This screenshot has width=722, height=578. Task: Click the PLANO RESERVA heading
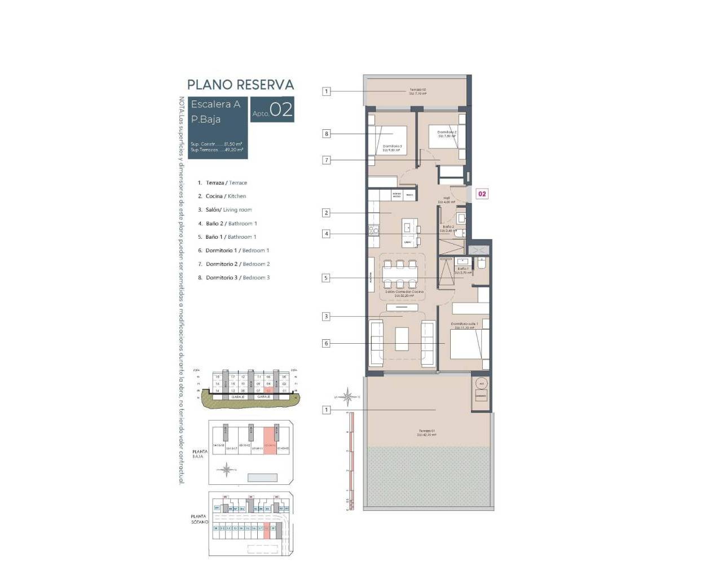tap(240, 85)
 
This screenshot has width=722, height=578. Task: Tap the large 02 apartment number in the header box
tap(281, 109)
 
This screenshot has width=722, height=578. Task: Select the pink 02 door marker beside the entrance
tap(482, 194)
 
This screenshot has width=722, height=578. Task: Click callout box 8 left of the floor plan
tap(326, 134)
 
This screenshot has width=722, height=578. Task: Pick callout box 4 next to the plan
tap(326, 234)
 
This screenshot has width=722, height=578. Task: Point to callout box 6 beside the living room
tap(326, 343)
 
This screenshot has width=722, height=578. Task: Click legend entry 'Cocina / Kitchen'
tap(226, 196)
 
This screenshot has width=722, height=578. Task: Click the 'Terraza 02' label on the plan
tap(417, 91)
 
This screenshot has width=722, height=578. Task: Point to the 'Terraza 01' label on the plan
tap(426, 432)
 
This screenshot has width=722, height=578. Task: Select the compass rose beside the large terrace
tap(349, 397)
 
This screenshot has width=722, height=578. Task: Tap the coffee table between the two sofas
tap(402, 339)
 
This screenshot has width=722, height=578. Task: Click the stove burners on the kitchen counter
tap(373, 230)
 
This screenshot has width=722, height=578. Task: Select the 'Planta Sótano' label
tap(199, 519)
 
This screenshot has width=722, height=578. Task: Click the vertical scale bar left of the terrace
tap(351, 461)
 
